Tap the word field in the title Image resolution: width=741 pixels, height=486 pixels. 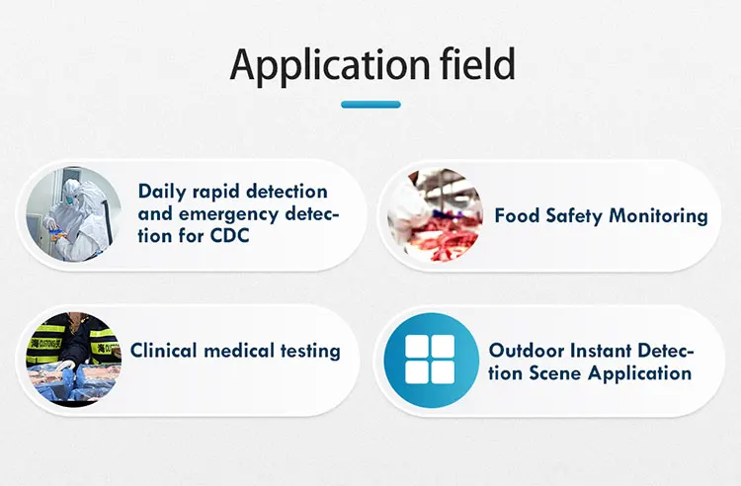click(x=477, y=63)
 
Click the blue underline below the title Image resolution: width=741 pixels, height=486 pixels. click(x=370, y=105)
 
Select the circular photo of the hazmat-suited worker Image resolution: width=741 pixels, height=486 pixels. click(x=73, y=214)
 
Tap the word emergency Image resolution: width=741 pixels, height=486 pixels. click(x=229, y=215)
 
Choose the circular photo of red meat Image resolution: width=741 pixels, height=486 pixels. click(x=436, y=215)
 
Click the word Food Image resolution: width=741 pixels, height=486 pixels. click(x=517, y=216)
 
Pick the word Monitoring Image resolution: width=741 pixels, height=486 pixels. click(x=658, y=216)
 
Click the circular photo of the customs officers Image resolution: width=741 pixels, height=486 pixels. click(x=73, y=360)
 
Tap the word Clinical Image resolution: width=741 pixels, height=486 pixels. click(x=163, y=351)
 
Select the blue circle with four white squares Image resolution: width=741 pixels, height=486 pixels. click(x=430, y=360)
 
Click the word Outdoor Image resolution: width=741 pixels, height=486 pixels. click(x=527, y=351)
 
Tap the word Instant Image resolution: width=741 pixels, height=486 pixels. click(x=601, y=351)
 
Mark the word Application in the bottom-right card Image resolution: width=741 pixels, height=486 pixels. click(x=640, y=374)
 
